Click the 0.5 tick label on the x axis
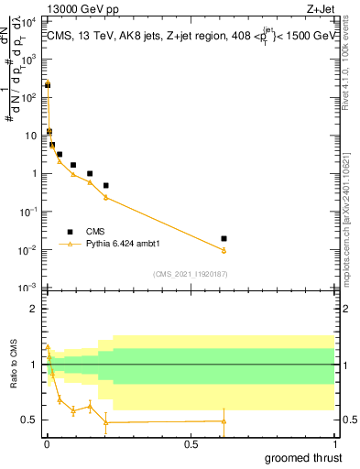[x=191, y=443]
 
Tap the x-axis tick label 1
[x=334, y=443]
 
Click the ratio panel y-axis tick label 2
[x=32, y=309]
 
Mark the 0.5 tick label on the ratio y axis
[x=28, y=420]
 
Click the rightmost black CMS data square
[x=224, y=238]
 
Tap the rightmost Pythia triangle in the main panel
[x=224, y=250]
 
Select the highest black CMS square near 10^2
[x=48, y=84]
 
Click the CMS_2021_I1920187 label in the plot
[x=190, y=273]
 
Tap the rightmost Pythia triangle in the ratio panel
[x=224, y=421]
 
